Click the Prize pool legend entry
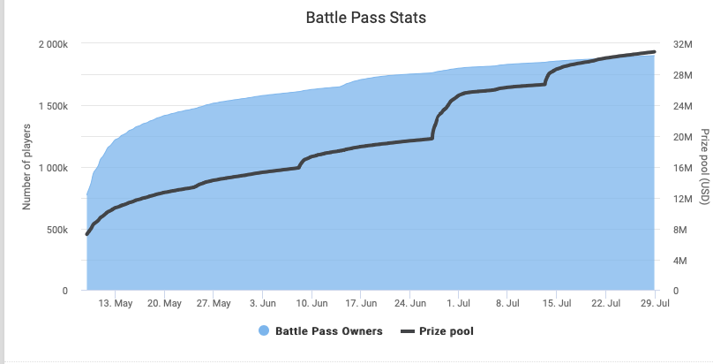pos(438,332)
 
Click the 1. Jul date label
pos(459,303)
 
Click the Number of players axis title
pos(27,168)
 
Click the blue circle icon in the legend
pos(264,332)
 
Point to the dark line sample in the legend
pos(407,332)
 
